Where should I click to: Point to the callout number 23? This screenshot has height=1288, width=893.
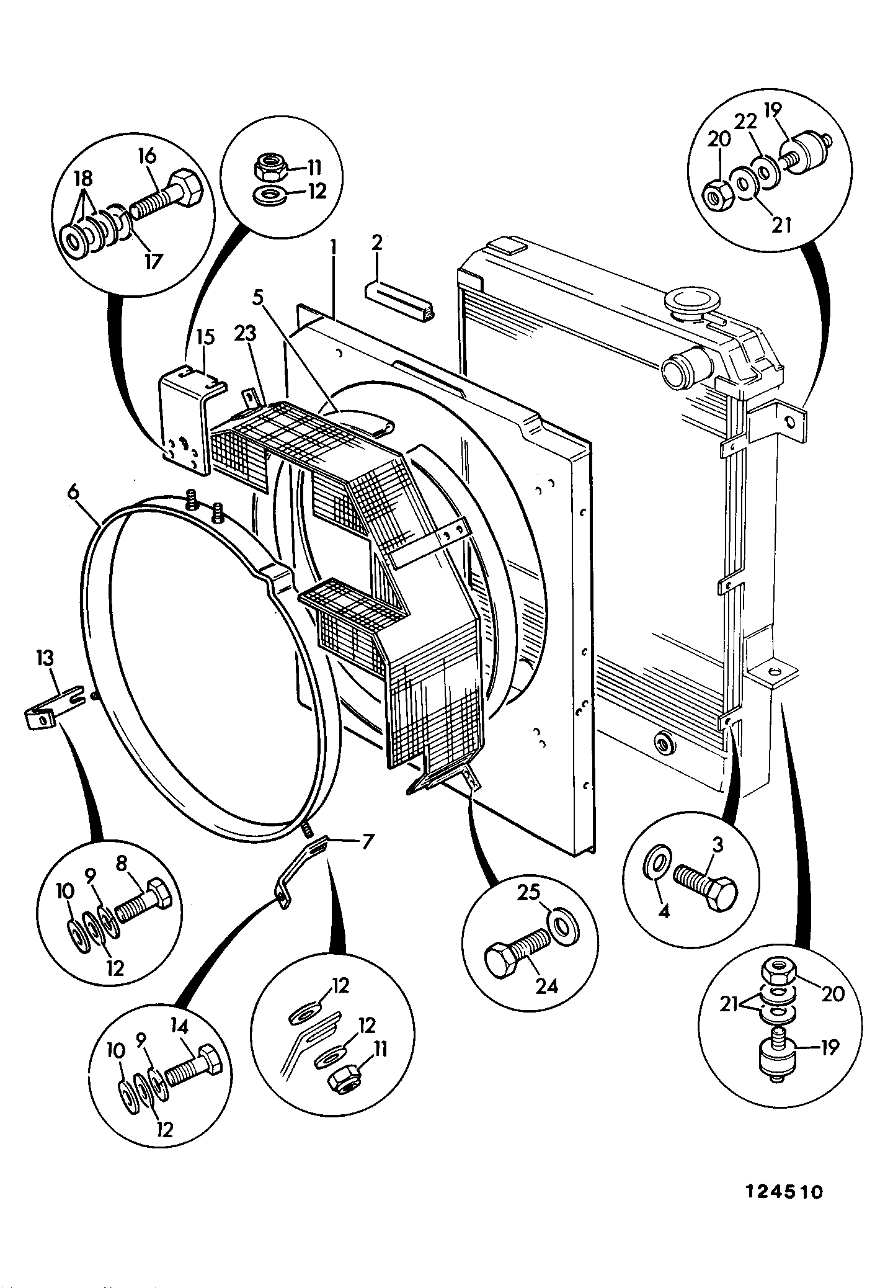[245, 334]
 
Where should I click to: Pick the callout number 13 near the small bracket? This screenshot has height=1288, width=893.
[45, 658]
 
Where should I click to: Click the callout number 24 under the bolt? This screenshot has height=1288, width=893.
[547, 986]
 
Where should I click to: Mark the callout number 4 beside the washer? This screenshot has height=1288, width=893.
[664, 913]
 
